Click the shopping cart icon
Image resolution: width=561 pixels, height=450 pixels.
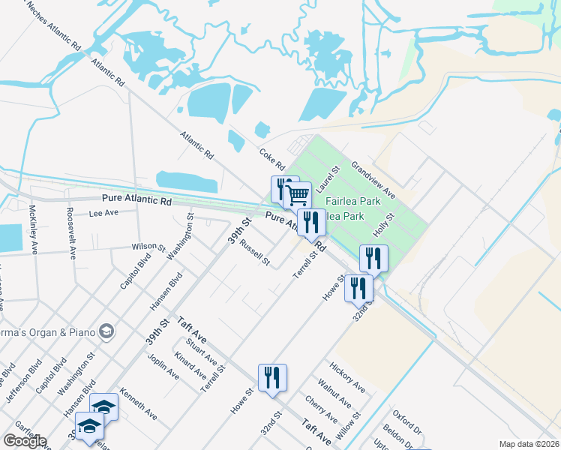(298, 196)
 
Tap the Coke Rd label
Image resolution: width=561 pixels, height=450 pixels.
(272, 157)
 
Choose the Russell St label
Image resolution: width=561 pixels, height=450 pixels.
(255, 255)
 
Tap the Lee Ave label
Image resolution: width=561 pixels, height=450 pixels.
(104, 213)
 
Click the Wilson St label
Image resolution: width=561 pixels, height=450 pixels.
(148, 246)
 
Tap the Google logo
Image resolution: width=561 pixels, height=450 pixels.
(25, 441)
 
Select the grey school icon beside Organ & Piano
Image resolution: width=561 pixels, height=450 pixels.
(106, 331)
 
